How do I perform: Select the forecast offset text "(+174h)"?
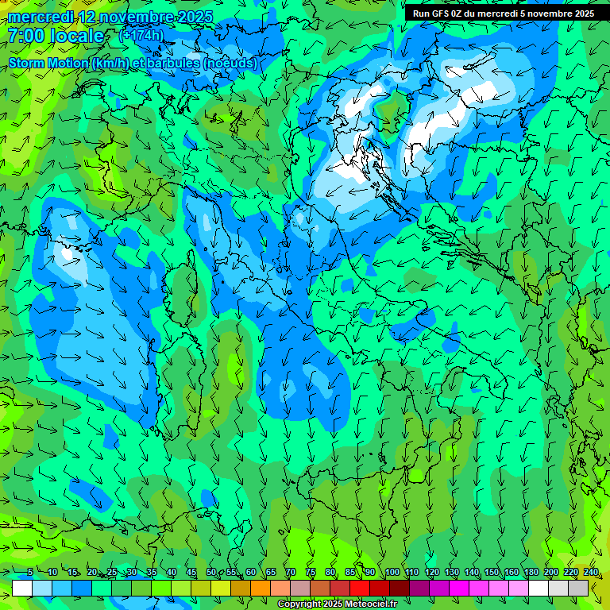[141, 35]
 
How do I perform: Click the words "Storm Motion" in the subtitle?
[48, 63]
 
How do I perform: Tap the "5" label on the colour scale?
[29, 573]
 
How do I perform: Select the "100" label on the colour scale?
[392, 573]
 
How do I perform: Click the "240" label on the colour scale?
[591, 573]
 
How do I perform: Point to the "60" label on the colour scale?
[251, 573]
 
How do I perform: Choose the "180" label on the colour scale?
[531, 573]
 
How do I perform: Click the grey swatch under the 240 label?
[578, 588]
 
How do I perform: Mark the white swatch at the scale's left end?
[22, 588]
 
